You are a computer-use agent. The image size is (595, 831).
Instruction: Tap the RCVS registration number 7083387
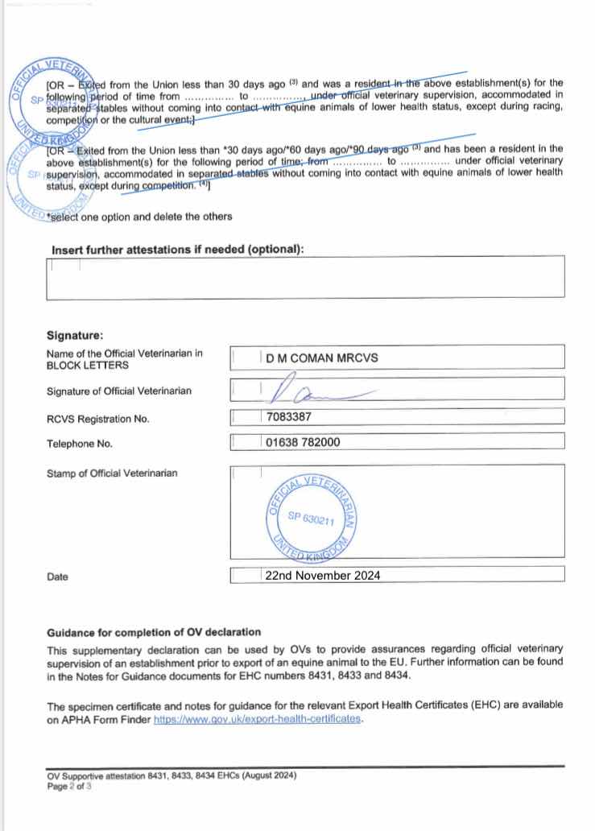coord(288,417)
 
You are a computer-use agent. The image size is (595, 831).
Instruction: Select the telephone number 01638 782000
coord(302,442)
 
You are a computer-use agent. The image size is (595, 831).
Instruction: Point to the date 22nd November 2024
coord(322,575)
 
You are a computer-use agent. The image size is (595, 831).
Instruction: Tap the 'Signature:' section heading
coord(75,335)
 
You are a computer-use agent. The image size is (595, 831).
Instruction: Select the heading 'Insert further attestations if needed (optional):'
coord(178,250)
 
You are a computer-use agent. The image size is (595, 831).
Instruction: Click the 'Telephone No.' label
coord(80,443)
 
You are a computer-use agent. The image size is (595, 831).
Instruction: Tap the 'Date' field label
coord(57,577)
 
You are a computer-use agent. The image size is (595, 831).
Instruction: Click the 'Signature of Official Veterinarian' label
coord(119,391)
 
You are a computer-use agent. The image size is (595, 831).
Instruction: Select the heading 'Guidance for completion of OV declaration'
coord(154,632)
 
